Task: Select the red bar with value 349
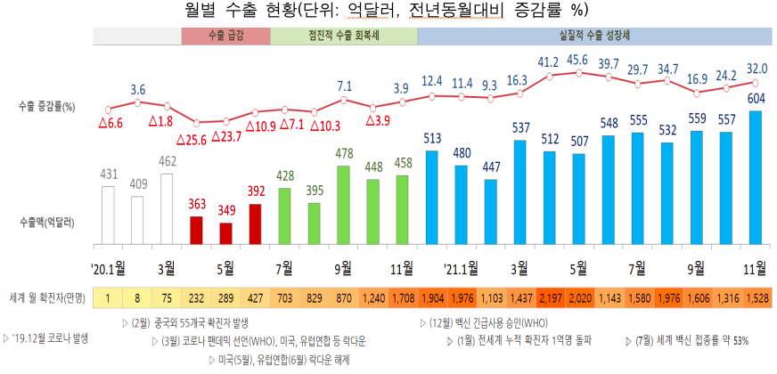click(x=225, y=232)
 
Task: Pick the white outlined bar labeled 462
click(x=167, y=209)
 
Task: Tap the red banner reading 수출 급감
click(x=225, y=36)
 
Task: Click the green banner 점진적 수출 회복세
click(x=343, y=36)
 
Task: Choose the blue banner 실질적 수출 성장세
click(x=593, y=36)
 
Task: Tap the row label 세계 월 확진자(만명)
click(x=46, y=296)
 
